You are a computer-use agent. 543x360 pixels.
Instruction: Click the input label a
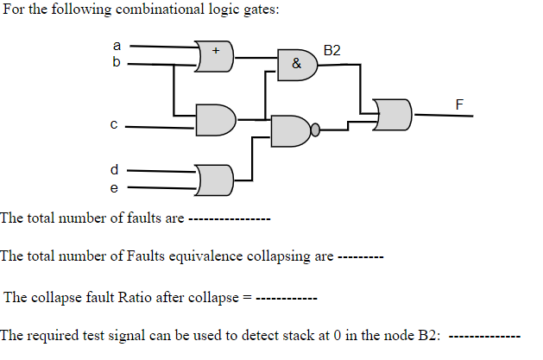point(117,45)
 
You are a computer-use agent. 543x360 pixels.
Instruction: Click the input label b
point(117,63)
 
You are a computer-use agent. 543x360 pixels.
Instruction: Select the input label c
point(113,124)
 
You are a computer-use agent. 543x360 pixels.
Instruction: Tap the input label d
point(113,168)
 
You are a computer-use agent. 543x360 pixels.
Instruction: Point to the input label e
point(113,186)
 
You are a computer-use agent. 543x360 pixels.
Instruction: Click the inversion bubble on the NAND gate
point(315,130)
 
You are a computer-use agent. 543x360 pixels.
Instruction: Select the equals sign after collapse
point(246,299)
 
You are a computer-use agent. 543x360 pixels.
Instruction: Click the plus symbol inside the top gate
point(216,51)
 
